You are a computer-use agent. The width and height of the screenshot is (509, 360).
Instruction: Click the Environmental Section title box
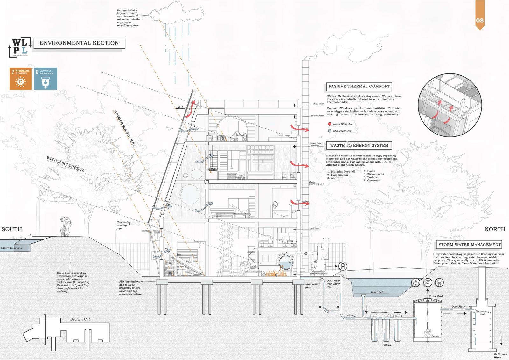pyautogui.click(x=79, y=43)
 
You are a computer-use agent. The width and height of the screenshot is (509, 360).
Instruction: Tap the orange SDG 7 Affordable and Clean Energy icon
pyautogui.click(x=21, y=79)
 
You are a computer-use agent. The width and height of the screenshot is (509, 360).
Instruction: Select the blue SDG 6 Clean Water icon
pyautogui.click(x=45, y=79)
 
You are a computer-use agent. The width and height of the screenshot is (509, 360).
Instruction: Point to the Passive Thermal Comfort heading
pyautogui.click(x=359, y=86)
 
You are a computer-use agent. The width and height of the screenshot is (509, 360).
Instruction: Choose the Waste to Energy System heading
pyautogui.click(x=359, y=145)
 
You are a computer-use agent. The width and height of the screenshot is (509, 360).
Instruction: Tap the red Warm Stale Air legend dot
pyautogui.click(x=330, y=124)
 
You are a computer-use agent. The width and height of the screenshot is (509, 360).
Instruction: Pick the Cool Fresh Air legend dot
pyautogui.click(x=330, y=131)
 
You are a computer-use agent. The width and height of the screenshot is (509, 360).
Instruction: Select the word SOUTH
pyautogui.click(x=12, y=229)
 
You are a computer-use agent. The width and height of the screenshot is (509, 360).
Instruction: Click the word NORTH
pyautogui.click(x=495, y=229)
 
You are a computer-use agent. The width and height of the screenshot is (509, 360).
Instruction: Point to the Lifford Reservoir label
pyautogui.click(x=12, y=248)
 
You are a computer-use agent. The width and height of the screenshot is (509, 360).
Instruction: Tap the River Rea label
pyautogui.click(x=377, y=292)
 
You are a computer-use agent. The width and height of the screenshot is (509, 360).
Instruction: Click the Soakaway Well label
pyautogui.click(x=482, y=313)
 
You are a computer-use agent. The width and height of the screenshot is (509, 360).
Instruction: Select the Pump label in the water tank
pyautogui.click(x=435, y=336)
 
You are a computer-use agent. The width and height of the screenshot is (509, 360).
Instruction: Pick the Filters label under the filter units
pyautogui.click(x=387, y=345)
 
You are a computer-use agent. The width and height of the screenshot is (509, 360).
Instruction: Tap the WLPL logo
pyautogui.click(x=20, y=47)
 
